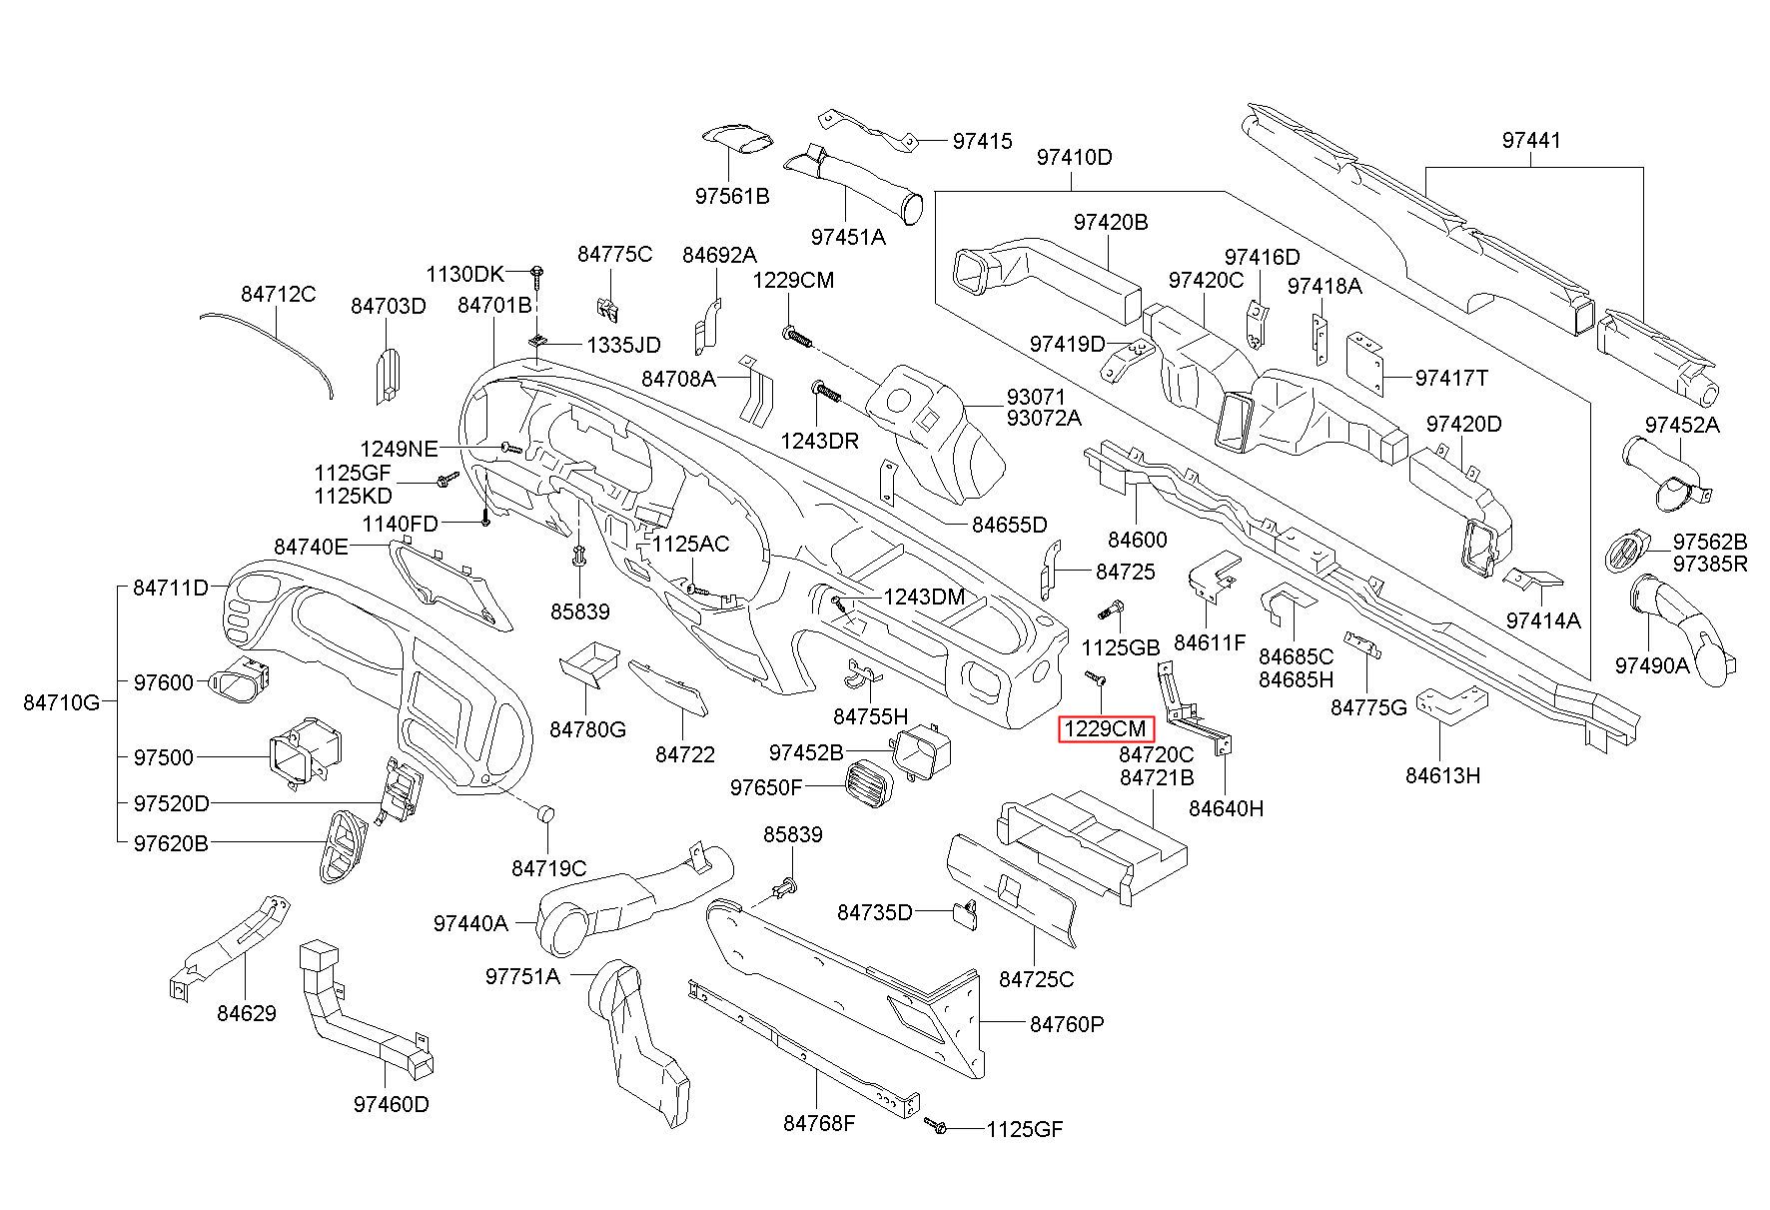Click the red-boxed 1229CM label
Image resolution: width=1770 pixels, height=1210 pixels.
[x=1106, y=729]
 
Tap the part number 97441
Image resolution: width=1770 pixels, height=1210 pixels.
[x=1530, y=141]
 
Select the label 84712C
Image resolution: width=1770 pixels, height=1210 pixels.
[x=278, y=294]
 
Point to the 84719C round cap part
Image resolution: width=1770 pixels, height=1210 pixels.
[x=545, y=812]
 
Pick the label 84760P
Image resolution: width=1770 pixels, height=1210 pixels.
[x=1067, y=1024]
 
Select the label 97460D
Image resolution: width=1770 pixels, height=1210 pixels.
[x=391, y=1104]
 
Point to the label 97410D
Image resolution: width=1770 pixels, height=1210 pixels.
[x=1074, y=157]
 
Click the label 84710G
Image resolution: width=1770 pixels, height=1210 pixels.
[x=62, y=702]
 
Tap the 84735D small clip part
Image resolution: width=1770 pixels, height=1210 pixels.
[x=964, y=913]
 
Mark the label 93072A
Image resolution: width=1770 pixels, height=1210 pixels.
[x=1044, y=418]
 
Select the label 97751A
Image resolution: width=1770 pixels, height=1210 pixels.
[x=522, y=976]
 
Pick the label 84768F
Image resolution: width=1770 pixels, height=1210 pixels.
[x=819, y=1122]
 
